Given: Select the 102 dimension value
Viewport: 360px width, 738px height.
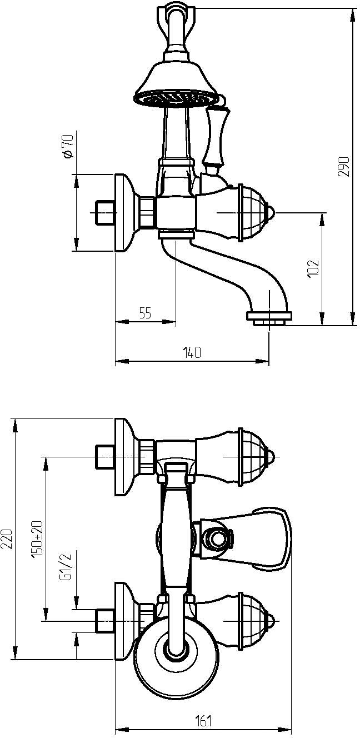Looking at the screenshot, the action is click(313, 268).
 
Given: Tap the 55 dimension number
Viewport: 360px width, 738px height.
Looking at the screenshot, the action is click(145, 313).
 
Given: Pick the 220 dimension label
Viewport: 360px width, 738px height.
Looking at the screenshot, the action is click(8, 539).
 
